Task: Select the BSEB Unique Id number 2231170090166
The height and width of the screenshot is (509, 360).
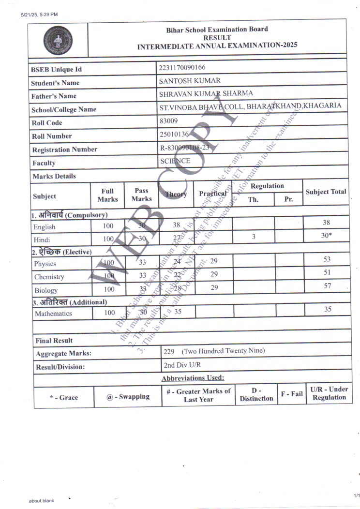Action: [x=179, y=68]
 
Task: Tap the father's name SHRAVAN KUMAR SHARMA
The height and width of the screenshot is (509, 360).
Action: [x=206, y=93]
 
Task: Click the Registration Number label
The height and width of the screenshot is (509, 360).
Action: [x=64, y=150]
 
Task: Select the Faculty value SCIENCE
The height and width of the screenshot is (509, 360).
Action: [x=175, y=161]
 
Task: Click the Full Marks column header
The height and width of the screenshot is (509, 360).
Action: [x=107, y=195]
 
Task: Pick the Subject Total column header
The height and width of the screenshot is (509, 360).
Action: [x=326, y=192]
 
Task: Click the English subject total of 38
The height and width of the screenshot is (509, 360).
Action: [x=327, y=223]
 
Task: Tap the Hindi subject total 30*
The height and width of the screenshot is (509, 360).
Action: [x=327, y=236]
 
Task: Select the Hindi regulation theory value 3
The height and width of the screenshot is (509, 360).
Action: [x=253, y=236]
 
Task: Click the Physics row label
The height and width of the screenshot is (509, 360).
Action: [x=45, y=264]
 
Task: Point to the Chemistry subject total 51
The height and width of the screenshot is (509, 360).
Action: [x=327, y=273]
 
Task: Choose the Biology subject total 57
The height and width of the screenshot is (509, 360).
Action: [x=327, y=286]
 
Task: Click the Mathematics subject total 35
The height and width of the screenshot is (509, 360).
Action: [x=328, y=309]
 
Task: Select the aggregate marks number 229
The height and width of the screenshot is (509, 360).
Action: [x=169, y=351]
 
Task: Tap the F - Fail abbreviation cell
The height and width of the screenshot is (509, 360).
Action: [x=292, y=394]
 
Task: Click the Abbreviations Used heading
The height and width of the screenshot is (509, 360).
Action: [x=193, y=378]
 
